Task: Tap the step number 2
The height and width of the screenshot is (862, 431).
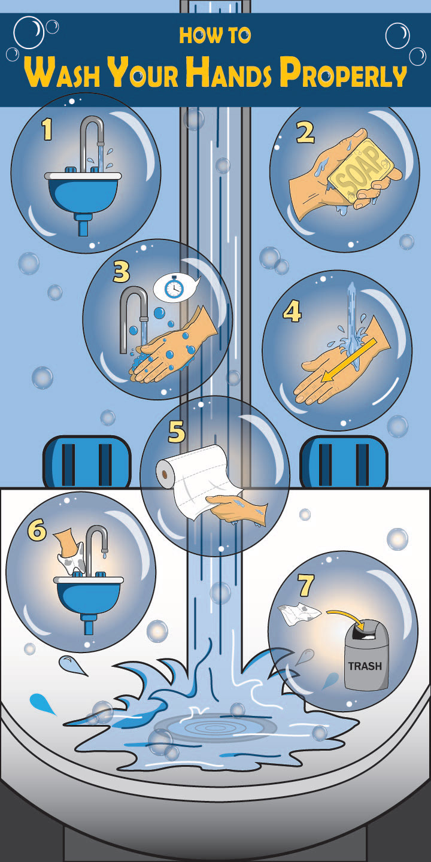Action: click(305, 132)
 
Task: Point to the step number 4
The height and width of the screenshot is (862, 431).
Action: click(292, 312)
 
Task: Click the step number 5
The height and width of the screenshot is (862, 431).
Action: click(177, 432)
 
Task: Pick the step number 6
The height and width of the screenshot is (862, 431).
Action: click(37, 530)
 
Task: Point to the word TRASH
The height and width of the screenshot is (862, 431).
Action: click(365, 666)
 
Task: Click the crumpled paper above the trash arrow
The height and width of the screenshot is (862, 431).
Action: click(299, 614)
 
